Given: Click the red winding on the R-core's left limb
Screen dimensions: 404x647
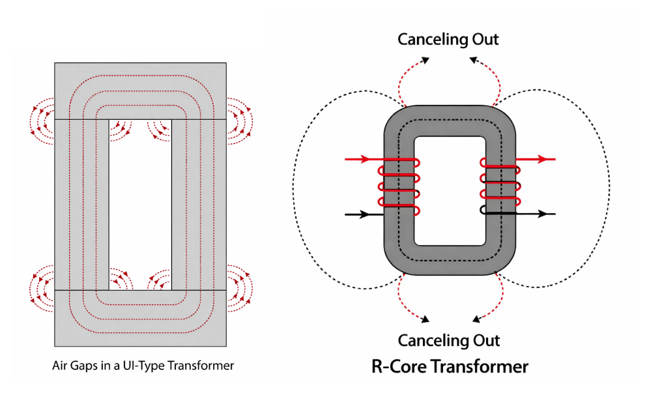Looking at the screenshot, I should click(398, 185).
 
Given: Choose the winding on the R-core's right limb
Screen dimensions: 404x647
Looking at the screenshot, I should click(500, 184).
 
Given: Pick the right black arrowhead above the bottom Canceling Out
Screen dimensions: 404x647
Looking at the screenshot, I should click(476, 320).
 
